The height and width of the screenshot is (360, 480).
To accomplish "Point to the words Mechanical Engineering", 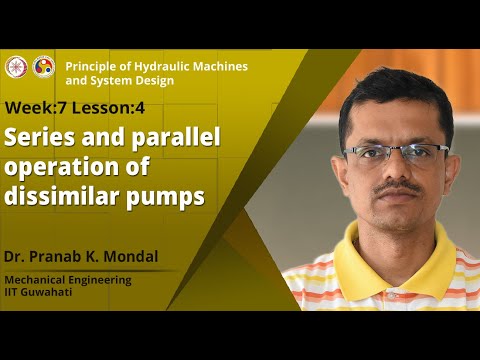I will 68,280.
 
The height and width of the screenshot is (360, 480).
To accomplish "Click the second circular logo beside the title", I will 43,66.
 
